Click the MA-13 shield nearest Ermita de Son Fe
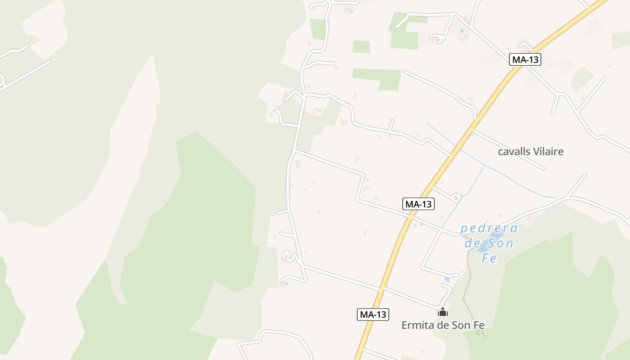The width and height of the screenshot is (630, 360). tap(373, 314)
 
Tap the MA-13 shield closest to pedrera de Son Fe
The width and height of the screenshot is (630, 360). tap(418, 204)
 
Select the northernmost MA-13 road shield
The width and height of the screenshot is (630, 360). tap(525, 59)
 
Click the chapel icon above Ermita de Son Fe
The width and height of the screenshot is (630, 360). tap(443, 312)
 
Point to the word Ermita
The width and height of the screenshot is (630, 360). tap(418, 325)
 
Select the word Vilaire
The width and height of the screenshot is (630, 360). tap(548, 152)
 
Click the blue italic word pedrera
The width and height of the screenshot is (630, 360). tap(489, 229)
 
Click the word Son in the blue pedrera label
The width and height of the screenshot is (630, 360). tap(501, 243)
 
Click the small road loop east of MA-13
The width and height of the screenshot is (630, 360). tap(456, 198)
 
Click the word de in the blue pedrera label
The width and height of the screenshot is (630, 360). tap(473, 243)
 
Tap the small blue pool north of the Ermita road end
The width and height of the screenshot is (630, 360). tap(447, 279)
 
